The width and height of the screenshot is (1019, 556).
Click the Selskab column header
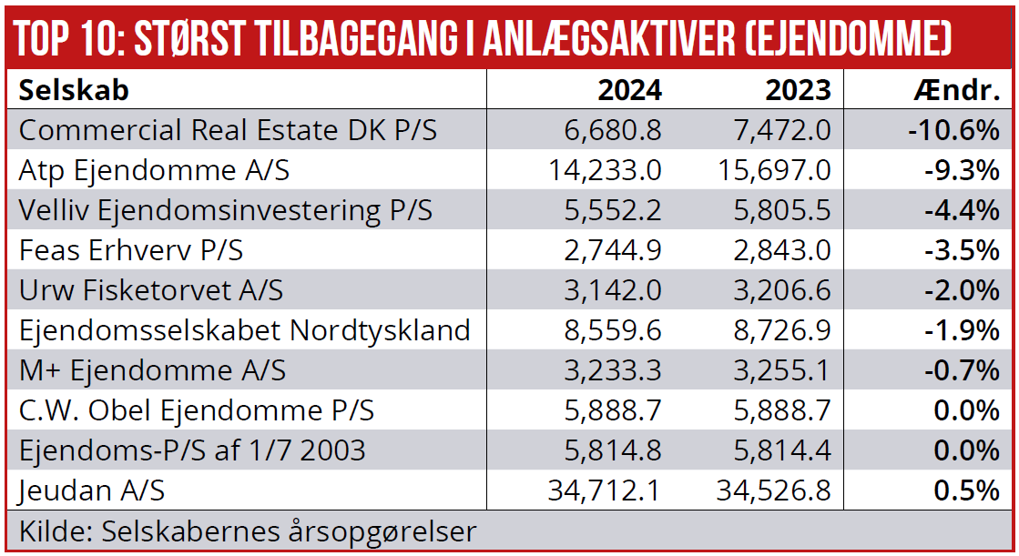tap(74, 90)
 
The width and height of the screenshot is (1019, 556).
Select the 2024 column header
tap(629, 90)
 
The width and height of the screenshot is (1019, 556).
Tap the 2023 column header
tap(798, 90)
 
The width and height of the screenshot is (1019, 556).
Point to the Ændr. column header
tap(956, 90)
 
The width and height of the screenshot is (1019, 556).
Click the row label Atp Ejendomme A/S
tap(154, 170)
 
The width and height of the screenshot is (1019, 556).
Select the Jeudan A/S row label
tap(92, 490)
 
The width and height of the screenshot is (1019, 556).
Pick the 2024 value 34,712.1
tap(605, 490)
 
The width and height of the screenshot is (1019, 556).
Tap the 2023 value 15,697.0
tap(774, 170)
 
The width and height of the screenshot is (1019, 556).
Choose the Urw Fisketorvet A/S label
tap(151, 290)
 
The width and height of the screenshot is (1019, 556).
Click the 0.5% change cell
tap(967, 490)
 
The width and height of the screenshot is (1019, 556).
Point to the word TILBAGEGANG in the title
tap(402, 38)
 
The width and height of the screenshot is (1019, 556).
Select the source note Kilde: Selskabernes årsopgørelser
tap(248, 531)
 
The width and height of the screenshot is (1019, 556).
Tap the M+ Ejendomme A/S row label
tap(152, 370)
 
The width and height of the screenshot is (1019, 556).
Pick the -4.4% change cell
tap(961, 210)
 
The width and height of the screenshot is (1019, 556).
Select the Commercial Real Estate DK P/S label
tap(228, 130)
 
